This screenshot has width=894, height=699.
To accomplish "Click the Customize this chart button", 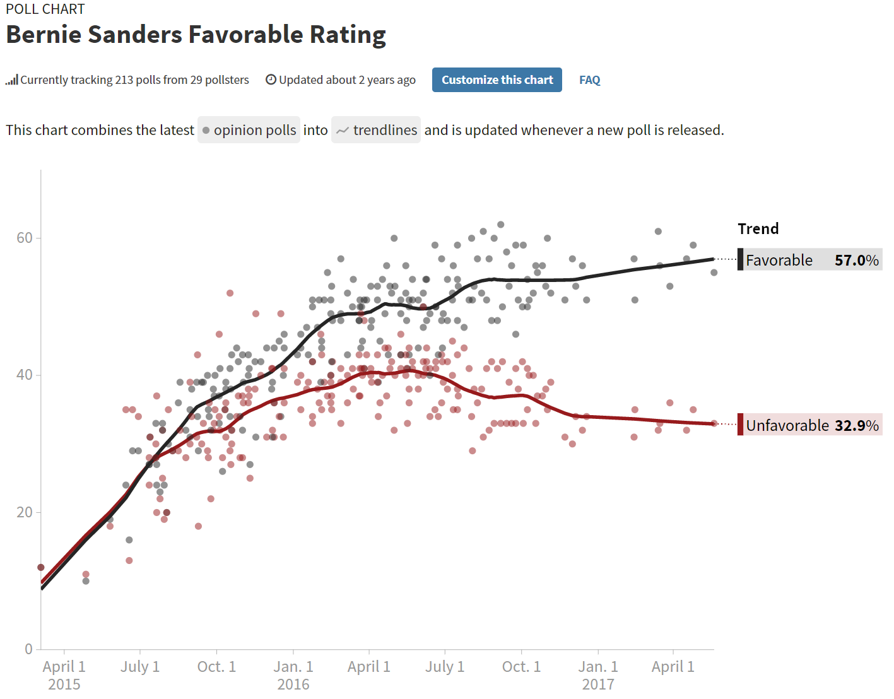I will pos(497,80).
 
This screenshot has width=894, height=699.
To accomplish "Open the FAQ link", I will pos(589,80).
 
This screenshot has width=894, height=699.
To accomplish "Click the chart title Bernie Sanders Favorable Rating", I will pos(196,35).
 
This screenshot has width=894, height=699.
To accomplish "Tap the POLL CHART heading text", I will pos(45,9).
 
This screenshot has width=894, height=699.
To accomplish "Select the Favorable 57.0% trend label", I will pos(811,260).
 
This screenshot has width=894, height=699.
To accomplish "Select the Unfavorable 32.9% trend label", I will pos(811,425).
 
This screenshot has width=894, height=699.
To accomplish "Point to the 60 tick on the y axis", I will pos(25,238).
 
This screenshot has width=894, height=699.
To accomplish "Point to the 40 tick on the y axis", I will pos(25,375).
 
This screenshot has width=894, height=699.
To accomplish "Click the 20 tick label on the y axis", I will pos(25,512).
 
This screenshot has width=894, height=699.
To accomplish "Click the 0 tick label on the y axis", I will pos(28,649).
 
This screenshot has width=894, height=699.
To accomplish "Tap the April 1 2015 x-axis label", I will pos(64,674).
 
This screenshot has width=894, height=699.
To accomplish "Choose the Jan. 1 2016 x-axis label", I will pos(293,674).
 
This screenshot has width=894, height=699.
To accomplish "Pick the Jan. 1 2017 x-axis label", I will pos(598,674).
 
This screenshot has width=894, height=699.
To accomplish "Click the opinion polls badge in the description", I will pos(249,130).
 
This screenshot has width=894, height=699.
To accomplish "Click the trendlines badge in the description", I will pos(376,130).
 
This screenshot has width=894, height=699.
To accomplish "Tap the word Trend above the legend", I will pos(758,228).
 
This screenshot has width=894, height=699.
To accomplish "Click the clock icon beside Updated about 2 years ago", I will pos(271,79).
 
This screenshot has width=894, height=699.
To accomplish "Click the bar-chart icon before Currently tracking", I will pos(11,80).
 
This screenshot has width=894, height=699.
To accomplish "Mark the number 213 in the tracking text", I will pos(124,80).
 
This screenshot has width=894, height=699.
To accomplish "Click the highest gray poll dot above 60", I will pos(501,225).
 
